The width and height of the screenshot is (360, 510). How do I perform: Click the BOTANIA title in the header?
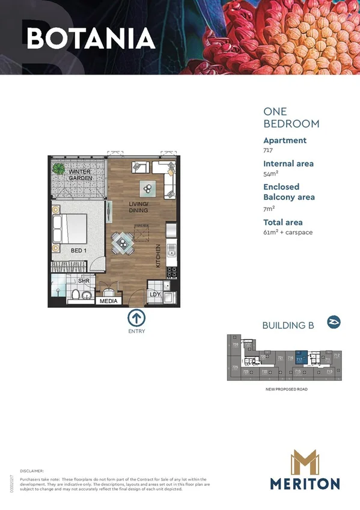[91, 38]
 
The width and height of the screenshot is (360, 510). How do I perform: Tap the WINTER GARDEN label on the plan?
[79, 175]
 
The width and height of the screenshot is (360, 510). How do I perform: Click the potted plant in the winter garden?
[58, 168]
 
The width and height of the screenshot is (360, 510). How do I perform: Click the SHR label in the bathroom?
[84, 281]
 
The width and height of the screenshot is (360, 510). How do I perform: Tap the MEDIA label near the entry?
[108, 301]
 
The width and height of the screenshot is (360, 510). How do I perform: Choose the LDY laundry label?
[154, 294]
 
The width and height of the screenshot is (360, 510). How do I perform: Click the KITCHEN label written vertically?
[159, 256]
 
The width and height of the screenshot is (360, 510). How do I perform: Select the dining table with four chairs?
[123, 243]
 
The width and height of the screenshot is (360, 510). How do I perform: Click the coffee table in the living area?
[148, 189]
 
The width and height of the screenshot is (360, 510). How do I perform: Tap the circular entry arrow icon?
[136, 318]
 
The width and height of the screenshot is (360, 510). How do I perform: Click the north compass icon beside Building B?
[334, 322]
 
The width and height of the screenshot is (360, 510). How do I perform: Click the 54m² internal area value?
[269, 174]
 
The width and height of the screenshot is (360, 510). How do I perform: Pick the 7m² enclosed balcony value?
[269, 208]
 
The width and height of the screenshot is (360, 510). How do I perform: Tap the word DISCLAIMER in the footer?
[32, 471]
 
